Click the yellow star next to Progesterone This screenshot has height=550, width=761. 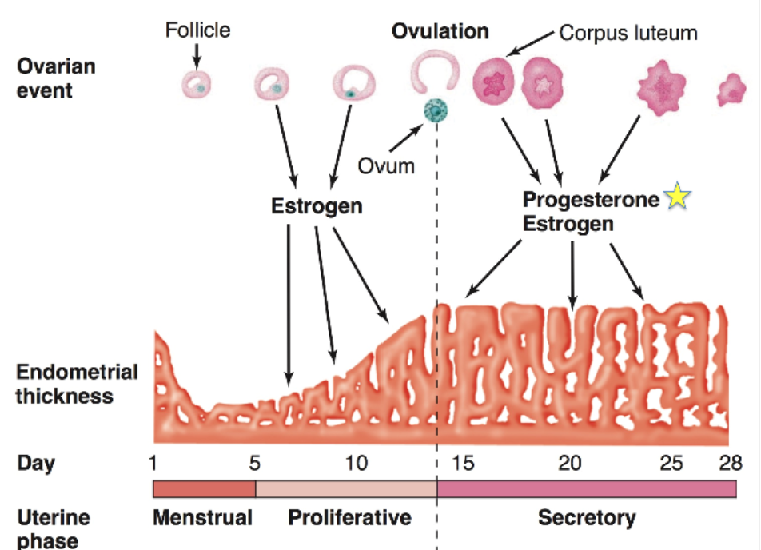click(x=677, y=197)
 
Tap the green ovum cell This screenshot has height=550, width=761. click(x=436, y=110)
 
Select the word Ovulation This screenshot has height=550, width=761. click(x=440, y=31)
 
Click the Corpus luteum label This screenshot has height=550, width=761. click(x=628, y=33)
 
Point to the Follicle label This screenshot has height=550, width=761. click(x=197, y=30)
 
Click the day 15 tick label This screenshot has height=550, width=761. click(x=463, y=464)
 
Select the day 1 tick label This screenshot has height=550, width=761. click(x=153, y=464)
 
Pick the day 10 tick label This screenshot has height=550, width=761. click(x=357, y=464)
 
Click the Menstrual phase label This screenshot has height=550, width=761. click(x=202, y=518)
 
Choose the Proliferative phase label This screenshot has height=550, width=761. click(x=349, y=518)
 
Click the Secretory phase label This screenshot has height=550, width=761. click(x=587, y=518)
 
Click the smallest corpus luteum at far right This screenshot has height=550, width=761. click(x=731, y=90)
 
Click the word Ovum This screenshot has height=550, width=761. click(x=386, y=166)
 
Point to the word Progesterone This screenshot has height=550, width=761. click(x=591, y=198)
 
